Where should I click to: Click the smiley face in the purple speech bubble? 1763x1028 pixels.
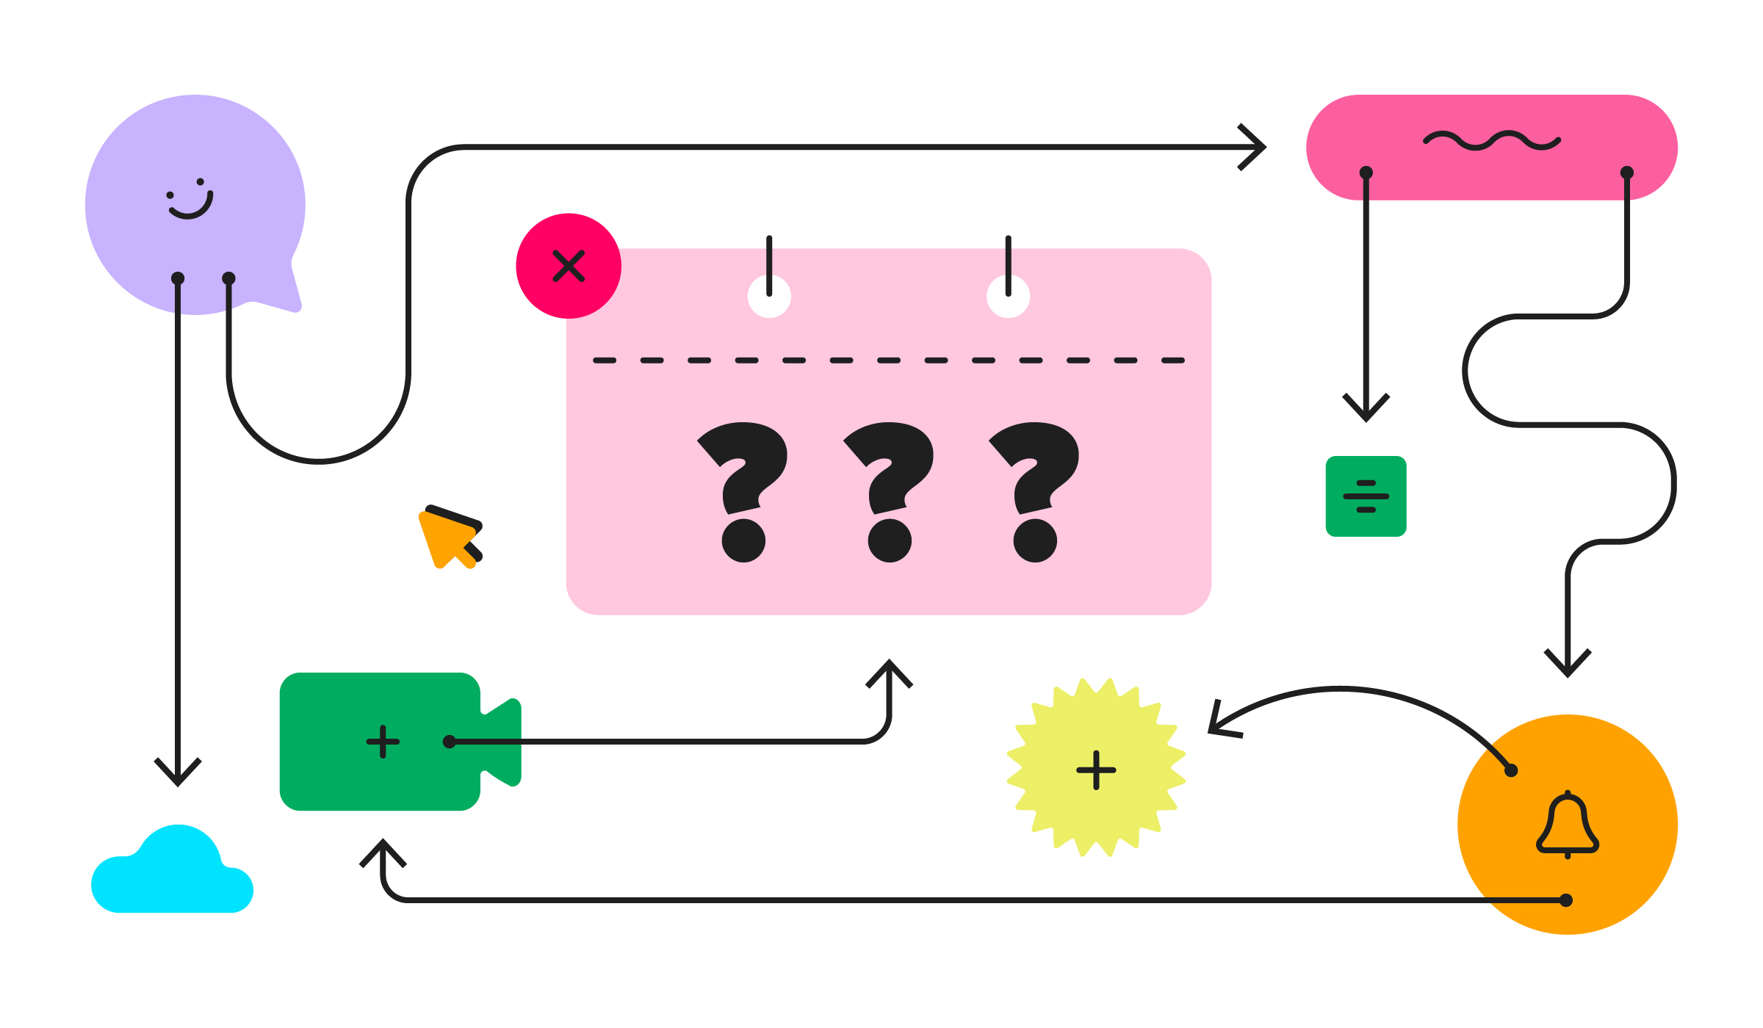[x=190, y=199]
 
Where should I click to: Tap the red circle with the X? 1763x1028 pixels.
[x=569, y=266]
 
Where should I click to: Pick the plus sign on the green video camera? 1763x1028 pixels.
[x=383, y=742]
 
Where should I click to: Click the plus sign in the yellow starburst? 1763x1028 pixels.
[x=1096, y=770]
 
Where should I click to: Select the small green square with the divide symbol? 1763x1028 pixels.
[x=1366, y=496]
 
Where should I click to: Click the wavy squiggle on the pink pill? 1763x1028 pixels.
[x=1492, y=141]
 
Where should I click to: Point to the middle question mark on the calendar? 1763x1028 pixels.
[x=890, y=491]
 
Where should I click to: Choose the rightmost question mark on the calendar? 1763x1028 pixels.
[x=1036, y=491]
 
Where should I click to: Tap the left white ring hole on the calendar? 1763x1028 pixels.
[x=769, y=297]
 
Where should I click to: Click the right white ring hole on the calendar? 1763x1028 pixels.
[x=1008, y=297]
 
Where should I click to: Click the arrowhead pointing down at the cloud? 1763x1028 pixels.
[x=178, y=772]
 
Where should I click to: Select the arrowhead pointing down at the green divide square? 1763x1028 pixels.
[x=1366, y=409]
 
